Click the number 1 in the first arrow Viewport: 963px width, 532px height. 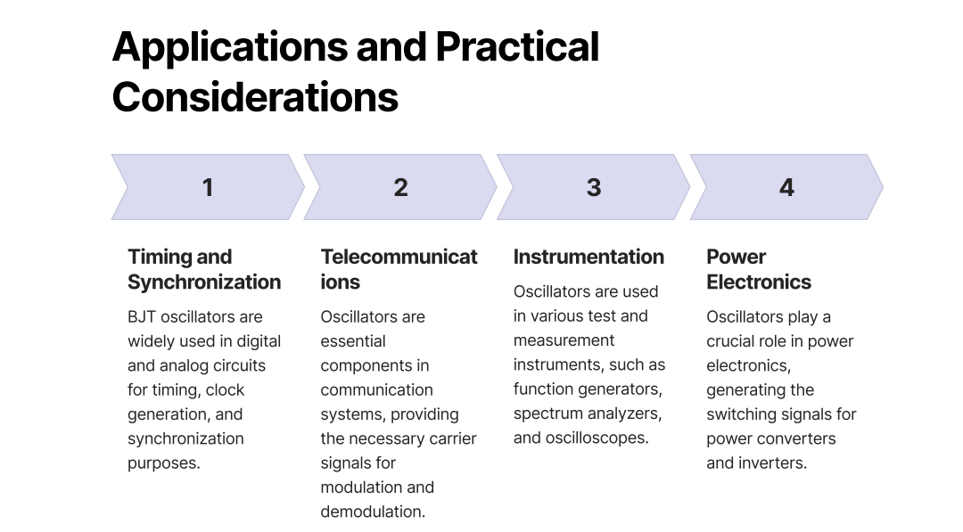(208, 188)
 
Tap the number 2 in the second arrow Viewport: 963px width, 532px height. (400, 188)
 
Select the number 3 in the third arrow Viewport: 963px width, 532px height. (593, 188)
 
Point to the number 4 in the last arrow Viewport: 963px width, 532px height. (786, 188)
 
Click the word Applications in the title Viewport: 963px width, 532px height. (230, 48)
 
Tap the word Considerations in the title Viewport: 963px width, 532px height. (255, 97)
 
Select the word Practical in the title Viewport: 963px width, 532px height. (517, 46)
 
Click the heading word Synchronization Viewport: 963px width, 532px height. (204, 282)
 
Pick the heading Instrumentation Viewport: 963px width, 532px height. (588, 257)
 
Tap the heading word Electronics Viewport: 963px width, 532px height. (759, 282)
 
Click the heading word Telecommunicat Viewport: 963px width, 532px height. (399, 257)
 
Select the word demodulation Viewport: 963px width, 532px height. (372, 512)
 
